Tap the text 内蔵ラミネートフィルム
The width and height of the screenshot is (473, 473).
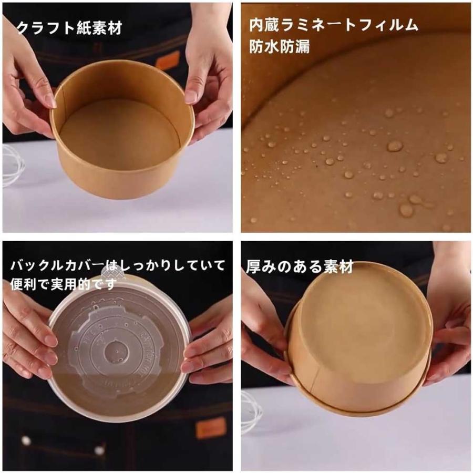[334, 25]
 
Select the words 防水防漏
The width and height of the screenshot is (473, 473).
[279, 47]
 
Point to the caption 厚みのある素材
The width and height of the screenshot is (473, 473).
[300, 267]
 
